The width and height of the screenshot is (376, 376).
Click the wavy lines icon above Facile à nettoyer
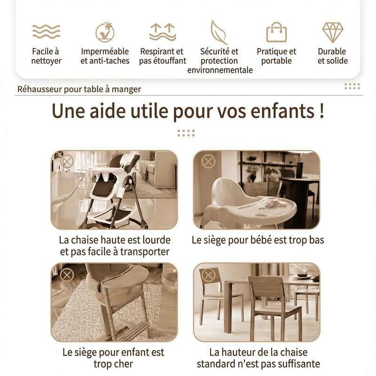pos(46,31)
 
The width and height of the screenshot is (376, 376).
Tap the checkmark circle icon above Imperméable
pos(105,32)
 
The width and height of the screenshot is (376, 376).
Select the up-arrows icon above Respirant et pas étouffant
pos(163,32)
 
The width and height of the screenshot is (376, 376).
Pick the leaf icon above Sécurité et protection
pos(219,32)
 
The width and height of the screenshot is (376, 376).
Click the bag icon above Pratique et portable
pos(276,32)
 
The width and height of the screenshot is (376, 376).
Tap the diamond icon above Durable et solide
pos(333,32)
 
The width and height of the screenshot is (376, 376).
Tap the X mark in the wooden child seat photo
pos(67,274)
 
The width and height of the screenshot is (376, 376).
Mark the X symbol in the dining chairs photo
pos(208,274)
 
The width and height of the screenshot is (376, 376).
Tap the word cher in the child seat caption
pos(123,364)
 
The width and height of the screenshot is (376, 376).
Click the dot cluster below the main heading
pos(186,133)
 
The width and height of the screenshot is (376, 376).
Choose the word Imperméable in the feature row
pos(105,51)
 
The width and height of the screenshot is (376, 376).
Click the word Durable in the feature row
pos(332,51)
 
